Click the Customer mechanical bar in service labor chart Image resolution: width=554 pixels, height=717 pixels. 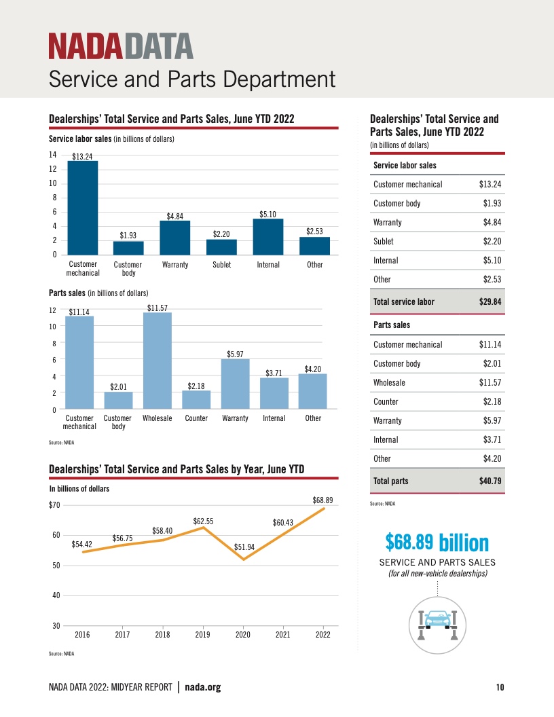click(83, 208)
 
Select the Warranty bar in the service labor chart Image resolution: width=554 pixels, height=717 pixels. click(175, 238)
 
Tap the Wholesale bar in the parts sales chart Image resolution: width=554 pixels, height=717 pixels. click(158, 361)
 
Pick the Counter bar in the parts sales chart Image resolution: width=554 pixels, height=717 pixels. click(196, 400)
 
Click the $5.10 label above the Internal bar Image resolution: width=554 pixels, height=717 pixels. click(268, 215)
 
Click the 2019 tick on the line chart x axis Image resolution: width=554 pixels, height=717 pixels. click(202, 635)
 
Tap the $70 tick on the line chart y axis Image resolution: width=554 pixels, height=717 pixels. click(55, 505)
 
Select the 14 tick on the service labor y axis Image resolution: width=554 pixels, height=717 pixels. click(52, 155)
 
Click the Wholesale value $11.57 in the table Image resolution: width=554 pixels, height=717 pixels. click(490, 383)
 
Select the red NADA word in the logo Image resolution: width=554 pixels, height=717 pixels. click(86, 46)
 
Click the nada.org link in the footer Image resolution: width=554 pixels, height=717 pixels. click(203, 688)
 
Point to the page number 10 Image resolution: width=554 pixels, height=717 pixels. click(500, 688)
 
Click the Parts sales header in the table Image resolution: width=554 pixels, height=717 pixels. click(392, 325)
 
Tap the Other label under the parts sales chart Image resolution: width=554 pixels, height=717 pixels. click(313, 418)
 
